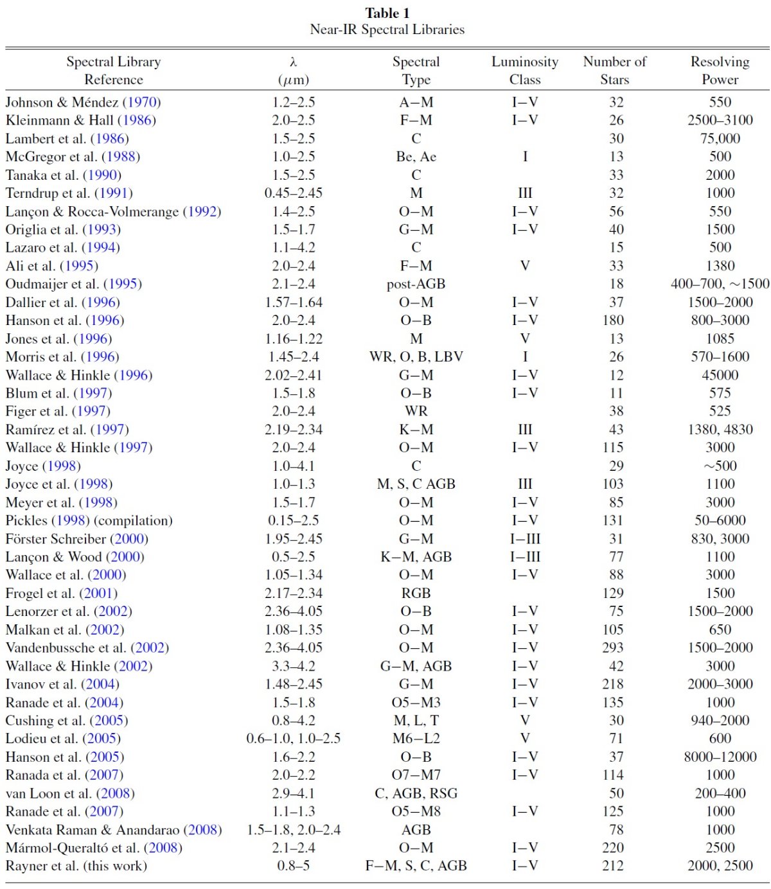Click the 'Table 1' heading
click(x=387, y=13)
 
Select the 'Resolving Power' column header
click(x=720, y=71)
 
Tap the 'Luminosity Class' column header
click(x=525, y=71)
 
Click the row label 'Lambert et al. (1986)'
click(x=67, y=139)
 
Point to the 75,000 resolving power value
click(x=720, y=139)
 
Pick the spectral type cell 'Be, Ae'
click(x=416, y=157)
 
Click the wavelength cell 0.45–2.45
click(x=294, y=193)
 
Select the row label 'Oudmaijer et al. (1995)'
click(x=74, y=284)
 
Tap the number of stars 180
click(x=613, y=320)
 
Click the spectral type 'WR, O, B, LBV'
click(x=416, y=356)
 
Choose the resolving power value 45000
click(x=720, y=375)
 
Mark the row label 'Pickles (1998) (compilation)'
click(x=89, y=520)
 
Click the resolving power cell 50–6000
click(x=720, y=520)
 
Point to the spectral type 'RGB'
click(x=416, y=593)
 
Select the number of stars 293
click(x=613, y=647)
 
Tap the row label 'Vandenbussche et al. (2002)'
click(x=87, y=647)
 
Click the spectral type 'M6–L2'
click(x=416, y=739)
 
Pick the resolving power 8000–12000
click(x=720, y=757)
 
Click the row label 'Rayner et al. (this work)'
click(x=76, y=865)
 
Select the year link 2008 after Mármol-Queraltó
click(x=163, y=848)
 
